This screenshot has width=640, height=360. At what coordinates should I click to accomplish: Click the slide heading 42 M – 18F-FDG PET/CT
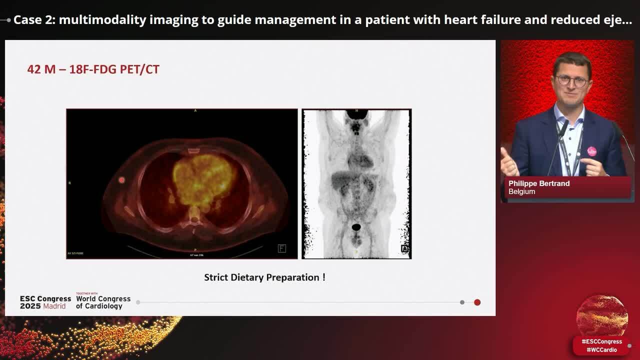(93, 69)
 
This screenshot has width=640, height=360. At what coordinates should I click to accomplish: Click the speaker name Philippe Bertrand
(539, 183)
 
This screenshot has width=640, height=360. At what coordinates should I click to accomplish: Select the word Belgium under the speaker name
(521, 191)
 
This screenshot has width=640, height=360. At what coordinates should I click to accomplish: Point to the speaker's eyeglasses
(571, 80)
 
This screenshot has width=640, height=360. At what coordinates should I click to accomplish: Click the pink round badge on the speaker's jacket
(591, 151)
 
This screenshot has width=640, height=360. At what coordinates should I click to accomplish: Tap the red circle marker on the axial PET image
(121, 180)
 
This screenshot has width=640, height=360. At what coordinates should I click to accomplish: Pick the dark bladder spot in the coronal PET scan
(356, 227)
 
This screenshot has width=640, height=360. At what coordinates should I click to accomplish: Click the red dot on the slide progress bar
(477, 302)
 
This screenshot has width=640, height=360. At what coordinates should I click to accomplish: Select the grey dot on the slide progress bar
(462, 302)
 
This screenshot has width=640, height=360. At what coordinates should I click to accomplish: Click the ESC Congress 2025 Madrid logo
(45, 302)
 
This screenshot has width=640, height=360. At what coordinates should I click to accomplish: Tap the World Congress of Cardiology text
(103, 302)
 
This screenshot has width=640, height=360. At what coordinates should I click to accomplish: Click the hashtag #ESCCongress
(601, 341)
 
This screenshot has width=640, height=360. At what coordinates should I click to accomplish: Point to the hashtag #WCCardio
(601, 350)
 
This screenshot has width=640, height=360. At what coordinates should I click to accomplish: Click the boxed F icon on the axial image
(282, 248)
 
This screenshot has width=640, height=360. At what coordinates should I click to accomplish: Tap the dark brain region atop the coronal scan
(356, 114)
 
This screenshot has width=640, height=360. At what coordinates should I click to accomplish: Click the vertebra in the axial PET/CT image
(193, 215)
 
